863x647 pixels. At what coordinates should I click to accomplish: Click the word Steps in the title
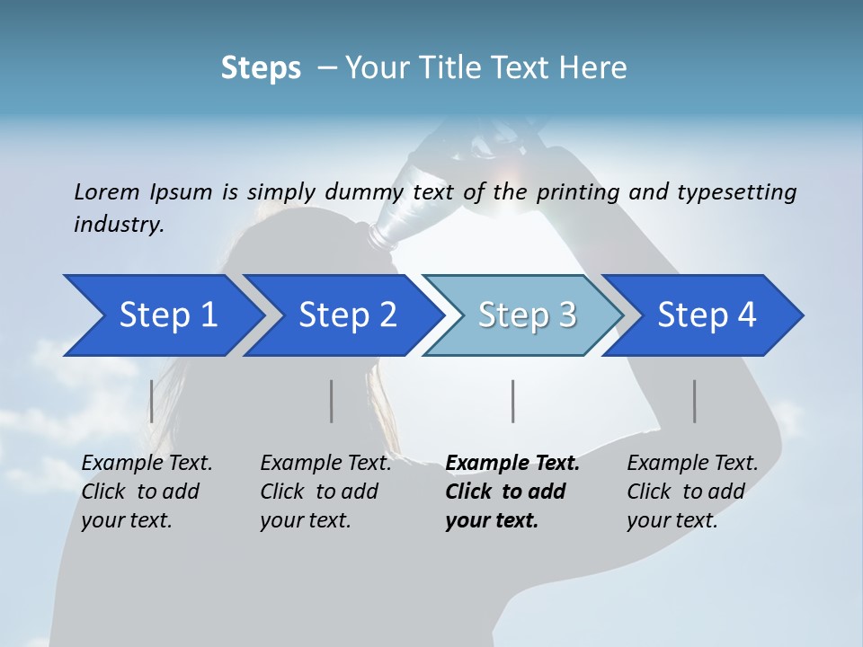261,68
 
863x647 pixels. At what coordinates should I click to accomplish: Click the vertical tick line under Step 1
151,401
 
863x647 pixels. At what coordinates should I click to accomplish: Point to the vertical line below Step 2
332,401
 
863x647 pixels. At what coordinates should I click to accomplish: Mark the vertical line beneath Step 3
512,401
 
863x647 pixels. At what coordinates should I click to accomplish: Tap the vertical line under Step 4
694,401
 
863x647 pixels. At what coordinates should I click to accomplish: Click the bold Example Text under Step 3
512,492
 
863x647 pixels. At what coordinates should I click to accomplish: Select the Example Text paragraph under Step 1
147,492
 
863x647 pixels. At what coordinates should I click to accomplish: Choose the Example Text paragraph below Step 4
692,492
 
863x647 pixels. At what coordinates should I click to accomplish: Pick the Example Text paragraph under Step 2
325,492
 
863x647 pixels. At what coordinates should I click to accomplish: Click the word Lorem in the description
106,192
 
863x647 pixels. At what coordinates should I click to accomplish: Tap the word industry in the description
118,225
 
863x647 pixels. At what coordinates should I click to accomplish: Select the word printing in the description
576,192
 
